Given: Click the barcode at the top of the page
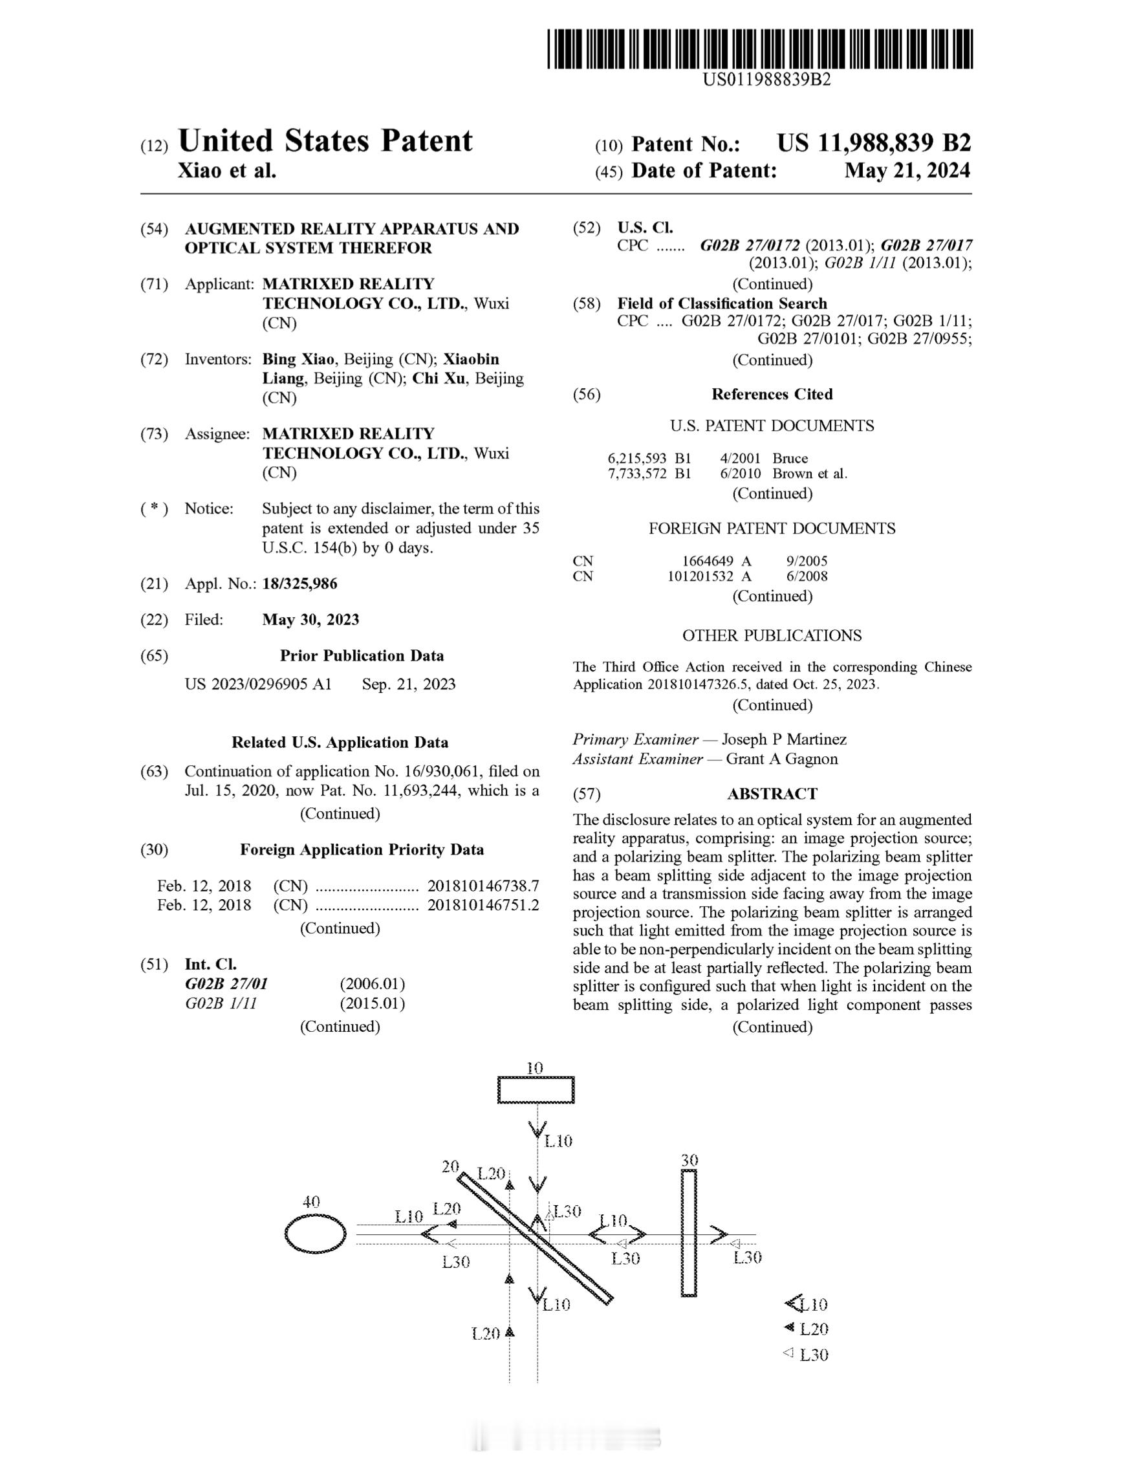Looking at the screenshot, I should click(x=759, y=49).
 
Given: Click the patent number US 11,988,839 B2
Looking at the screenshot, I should click(x=873, y=143).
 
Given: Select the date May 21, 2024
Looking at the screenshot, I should click(x=906, y=171).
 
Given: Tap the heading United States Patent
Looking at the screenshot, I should click(x=325, y=141).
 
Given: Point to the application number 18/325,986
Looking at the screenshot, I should click(x=299, y=584).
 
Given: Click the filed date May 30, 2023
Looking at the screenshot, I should click(x=310, y=620).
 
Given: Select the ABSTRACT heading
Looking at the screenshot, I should click(x=772, y=794).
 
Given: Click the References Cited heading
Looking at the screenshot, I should click(x=772, y=394).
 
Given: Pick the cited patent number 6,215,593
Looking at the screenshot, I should click(x=636, y=459).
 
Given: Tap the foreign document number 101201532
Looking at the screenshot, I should click(x=700, y=576).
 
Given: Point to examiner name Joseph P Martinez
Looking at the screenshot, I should click(x=784, y=739).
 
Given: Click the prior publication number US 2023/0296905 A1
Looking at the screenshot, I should click(x=257, y=684).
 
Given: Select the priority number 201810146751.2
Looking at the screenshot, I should click(x=483, y=905).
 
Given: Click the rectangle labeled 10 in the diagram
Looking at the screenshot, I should click(x=536, y=1090).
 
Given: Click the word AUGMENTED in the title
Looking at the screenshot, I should click(x=235, y=229).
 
